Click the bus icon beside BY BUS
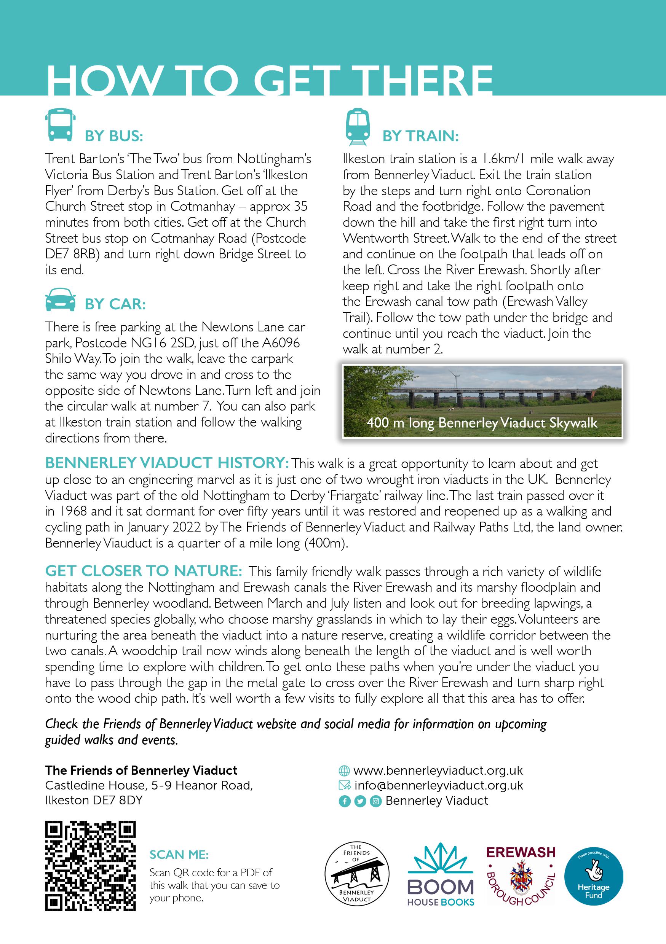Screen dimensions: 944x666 coord(60,125)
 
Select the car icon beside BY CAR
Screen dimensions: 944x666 coord(60,300)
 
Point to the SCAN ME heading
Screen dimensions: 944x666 coord(179,855)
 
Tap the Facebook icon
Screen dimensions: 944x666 coord(344,801)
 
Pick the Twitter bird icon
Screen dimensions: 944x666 coord(360,801)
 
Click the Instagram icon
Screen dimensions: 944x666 coord(375,801)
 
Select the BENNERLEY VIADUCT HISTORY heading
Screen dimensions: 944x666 coord(167,463)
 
